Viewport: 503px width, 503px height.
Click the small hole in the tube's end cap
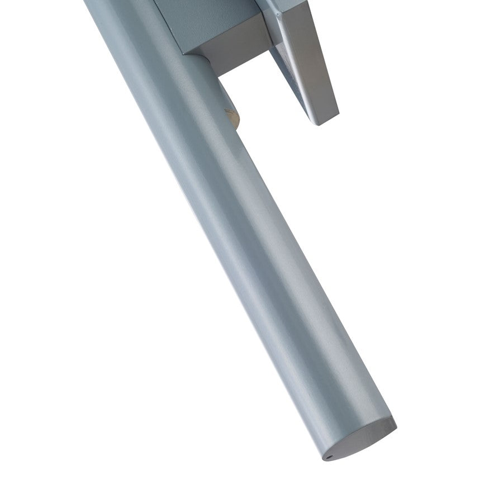[330, 456]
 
